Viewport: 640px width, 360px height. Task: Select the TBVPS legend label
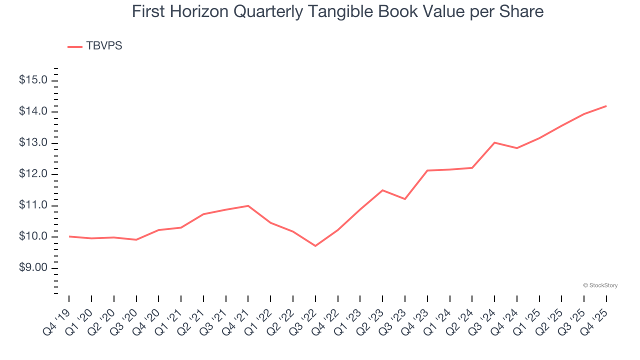pyautogui.click(x=104, y=46)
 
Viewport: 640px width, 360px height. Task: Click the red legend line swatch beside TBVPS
pyautogui.click(x=75, y=46)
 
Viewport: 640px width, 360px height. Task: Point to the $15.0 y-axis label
pyautogui.click(x=33, y=80)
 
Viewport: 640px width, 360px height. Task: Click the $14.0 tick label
pyautogui.click(x=33, y=111)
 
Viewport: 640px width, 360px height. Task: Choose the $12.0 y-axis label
pyautogui.click(x=33, y=174)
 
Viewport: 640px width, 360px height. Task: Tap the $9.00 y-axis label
pyautogui.click(x=33, y=268)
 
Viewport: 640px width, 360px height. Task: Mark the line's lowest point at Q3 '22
pyautogui.click(x=315, y=245)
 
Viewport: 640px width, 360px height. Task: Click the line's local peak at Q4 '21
pyautogui.click(x=248, y=205)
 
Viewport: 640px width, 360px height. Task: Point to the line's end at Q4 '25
pyautogui.click(x=606, y=106)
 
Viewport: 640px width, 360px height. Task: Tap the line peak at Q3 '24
pyautogui.click(x=494, y=142)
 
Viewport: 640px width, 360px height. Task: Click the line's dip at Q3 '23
pyautogui.click(x=404, y=199)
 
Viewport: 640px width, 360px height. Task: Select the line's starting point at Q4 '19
pyautogui.click(x=69, y=236)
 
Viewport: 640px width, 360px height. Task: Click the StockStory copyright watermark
pyautogui.click(x=600, y=285)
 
